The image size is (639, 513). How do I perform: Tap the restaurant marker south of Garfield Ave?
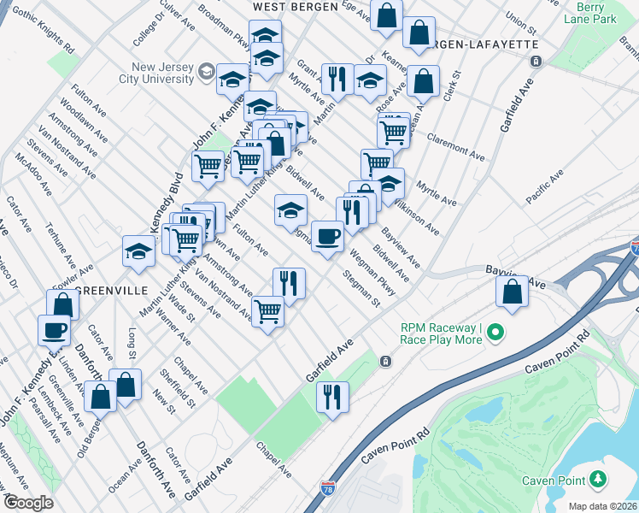pos(331,396)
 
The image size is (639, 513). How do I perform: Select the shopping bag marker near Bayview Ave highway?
pos(511,292)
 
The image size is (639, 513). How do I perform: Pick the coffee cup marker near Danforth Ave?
pos(55,329)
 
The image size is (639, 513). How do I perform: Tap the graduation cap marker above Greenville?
pos(137,251)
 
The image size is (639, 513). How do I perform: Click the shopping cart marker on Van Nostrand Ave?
pos(267,310)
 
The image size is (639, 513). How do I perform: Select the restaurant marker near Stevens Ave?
pos(289,282)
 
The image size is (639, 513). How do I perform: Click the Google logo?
pos(28,503)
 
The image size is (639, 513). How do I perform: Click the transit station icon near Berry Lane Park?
pos(536,61)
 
